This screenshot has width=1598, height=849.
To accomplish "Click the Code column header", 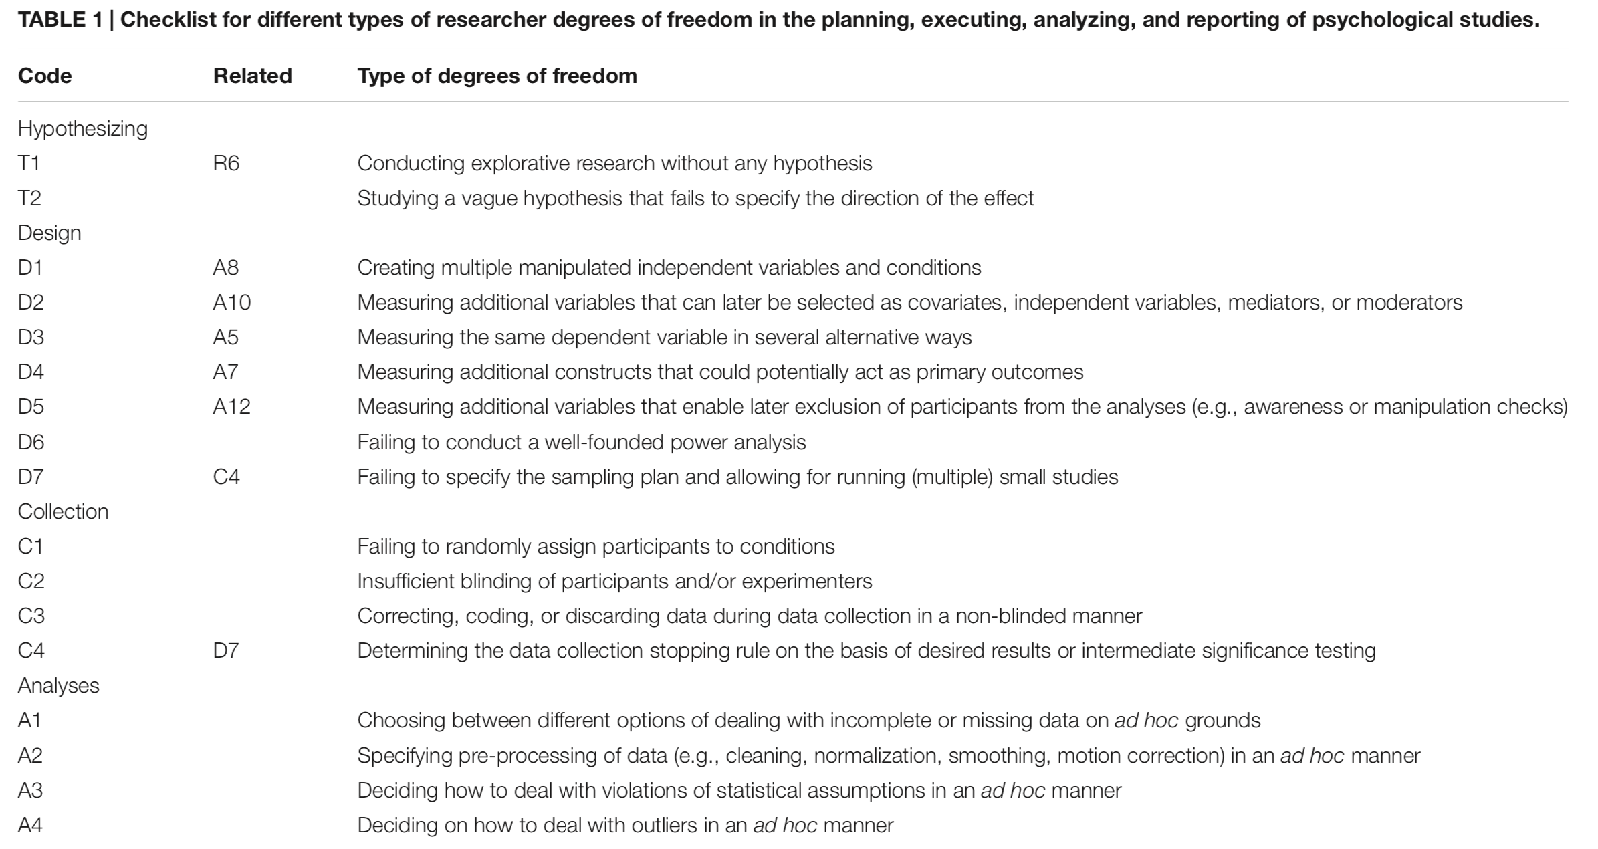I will pos(45,76).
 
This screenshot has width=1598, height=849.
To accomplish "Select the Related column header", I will pos(252,76).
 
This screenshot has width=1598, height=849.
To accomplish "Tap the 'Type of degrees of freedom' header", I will pos(497,76).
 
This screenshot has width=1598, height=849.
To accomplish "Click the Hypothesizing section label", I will pos(83,128).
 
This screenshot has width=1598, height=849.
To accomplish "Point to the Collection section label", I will pos(63,511).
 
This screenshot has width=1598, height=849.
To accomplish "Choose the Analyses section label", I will pos(59,685).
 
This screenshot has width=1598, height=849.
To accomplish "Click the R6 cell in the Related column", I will pos(226,163).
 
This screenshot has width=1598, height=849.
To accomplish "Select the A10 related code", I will pos(231,302).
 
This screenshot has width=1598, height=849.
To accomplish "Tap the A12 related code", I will pos(231,406).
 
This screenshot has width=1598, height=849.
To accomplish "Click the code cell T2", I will pos(29,198).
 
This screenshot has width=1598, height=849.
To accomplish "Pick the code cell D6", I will pos(31,442).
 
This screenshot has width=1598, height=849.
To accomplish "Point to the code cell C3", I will pos(31,616).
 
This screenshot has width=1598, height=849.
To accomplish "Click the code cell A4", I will pos(30,825).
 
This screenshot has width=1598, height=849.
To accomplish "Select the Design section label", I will pos(49,233).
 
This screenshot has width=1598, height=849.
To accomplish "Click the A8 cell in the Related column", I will pos(225,267).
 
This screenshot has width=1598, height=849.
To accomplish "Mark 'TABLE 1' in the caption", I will pos(60,19).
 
